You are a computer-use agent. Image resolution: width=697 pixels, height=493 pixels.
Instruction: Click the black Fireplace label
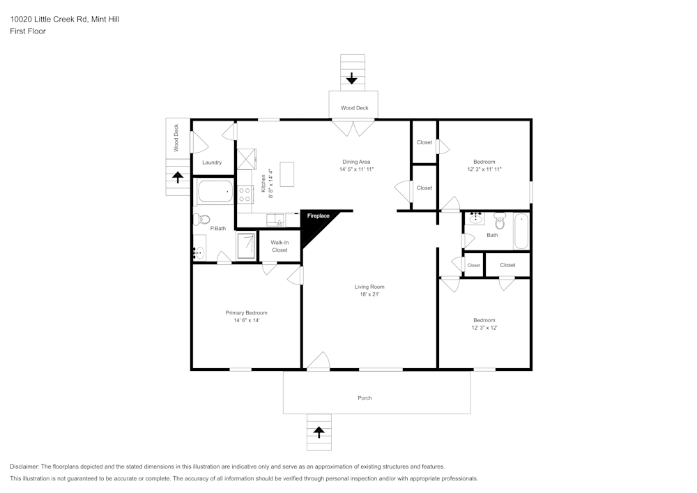319,216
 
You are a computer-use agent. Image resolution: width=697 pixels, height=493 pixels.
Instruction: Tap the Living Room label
369,287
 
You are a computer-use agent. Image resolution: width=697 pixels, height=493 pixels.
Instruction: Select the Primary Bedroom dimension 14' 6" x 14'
246,321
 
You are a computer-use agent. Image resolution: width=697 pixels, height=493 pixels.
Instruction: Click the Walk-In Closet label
279,246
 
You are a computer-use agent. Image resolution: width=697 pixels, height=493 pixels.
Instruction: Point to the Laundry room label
212,162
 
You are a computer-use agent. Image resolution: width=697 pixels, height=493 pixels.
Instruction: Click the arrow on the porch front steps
319,432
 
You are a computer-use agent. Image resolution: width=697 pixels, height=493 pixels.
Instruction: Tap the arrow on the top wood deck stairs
352,77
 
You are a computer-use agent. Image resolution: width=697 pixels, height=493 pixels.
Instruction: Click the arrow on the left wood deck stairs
178,177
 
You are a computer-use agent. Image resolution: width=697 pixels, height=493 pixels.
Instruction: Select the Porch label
365,398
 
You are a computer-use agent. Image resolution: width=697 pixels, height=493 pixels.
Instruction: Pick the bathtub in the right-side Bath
521,232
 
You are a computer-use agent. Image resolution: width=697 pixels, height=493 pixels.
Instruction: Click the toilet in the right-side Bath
499,221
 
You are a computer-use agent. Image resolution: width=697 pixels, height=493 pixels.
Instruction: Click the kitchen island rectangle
288,174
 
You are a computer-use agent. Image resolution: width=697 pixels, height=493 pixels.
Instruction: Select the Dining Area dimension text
357,169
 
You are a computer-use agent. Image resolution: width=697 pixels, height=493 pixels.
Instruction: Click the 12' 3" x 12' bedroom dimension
484,328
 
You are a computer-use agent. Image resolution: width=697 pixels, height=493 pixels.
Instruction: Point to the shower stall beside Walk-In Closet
247,246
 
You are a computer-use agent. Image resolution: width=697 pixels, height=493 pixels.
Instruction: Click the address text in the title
64,20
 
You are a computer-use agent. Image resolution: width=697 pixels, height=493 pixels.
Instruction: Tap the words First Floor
28,31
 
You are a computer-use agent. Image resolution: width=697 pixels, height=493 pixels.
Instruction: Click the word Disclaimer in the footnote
24,467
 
